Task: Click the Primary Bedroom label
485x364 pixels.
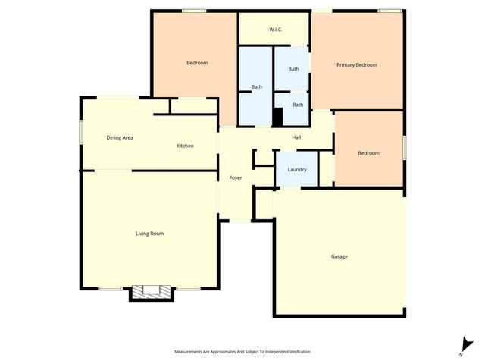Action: pyautogui.click(x=356, y=65)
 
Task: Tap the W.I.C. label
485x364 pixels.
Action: pyautogui.click(x=276, y=30)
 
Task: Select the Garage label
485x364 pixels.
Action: pyautogui.click(x=339, y=256)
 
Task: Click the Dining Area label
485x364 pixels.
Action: pyautogui.click(x=120, y=137)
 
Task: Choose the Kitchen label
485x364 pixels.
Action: pyautogui.click(x=185, y=146)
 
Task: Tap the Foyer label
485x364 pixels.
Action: pyautogui.click(x=236, y=177)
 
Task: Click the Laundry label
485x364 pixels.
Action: pyautogui.click(x=297, y=169)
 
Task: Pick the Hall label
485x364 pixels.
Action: pyautogui.click(x=297, y=136)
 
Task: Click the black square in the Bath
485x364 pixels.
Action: pyautogui.click(x=278, y=118)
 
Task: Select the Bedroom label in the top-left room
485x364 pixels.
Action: pyautogui.click(x=197, y=63)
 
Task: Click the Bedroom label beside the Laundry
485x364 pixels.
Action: pyautogui.click(x=368, y=153)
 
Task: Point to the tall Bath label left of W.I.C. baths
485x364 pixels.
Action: pyautogui.click(x=256, y=87)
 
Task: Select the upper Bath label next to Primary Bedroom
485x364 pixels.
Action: pyautogui.click(x=293, y=69)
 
